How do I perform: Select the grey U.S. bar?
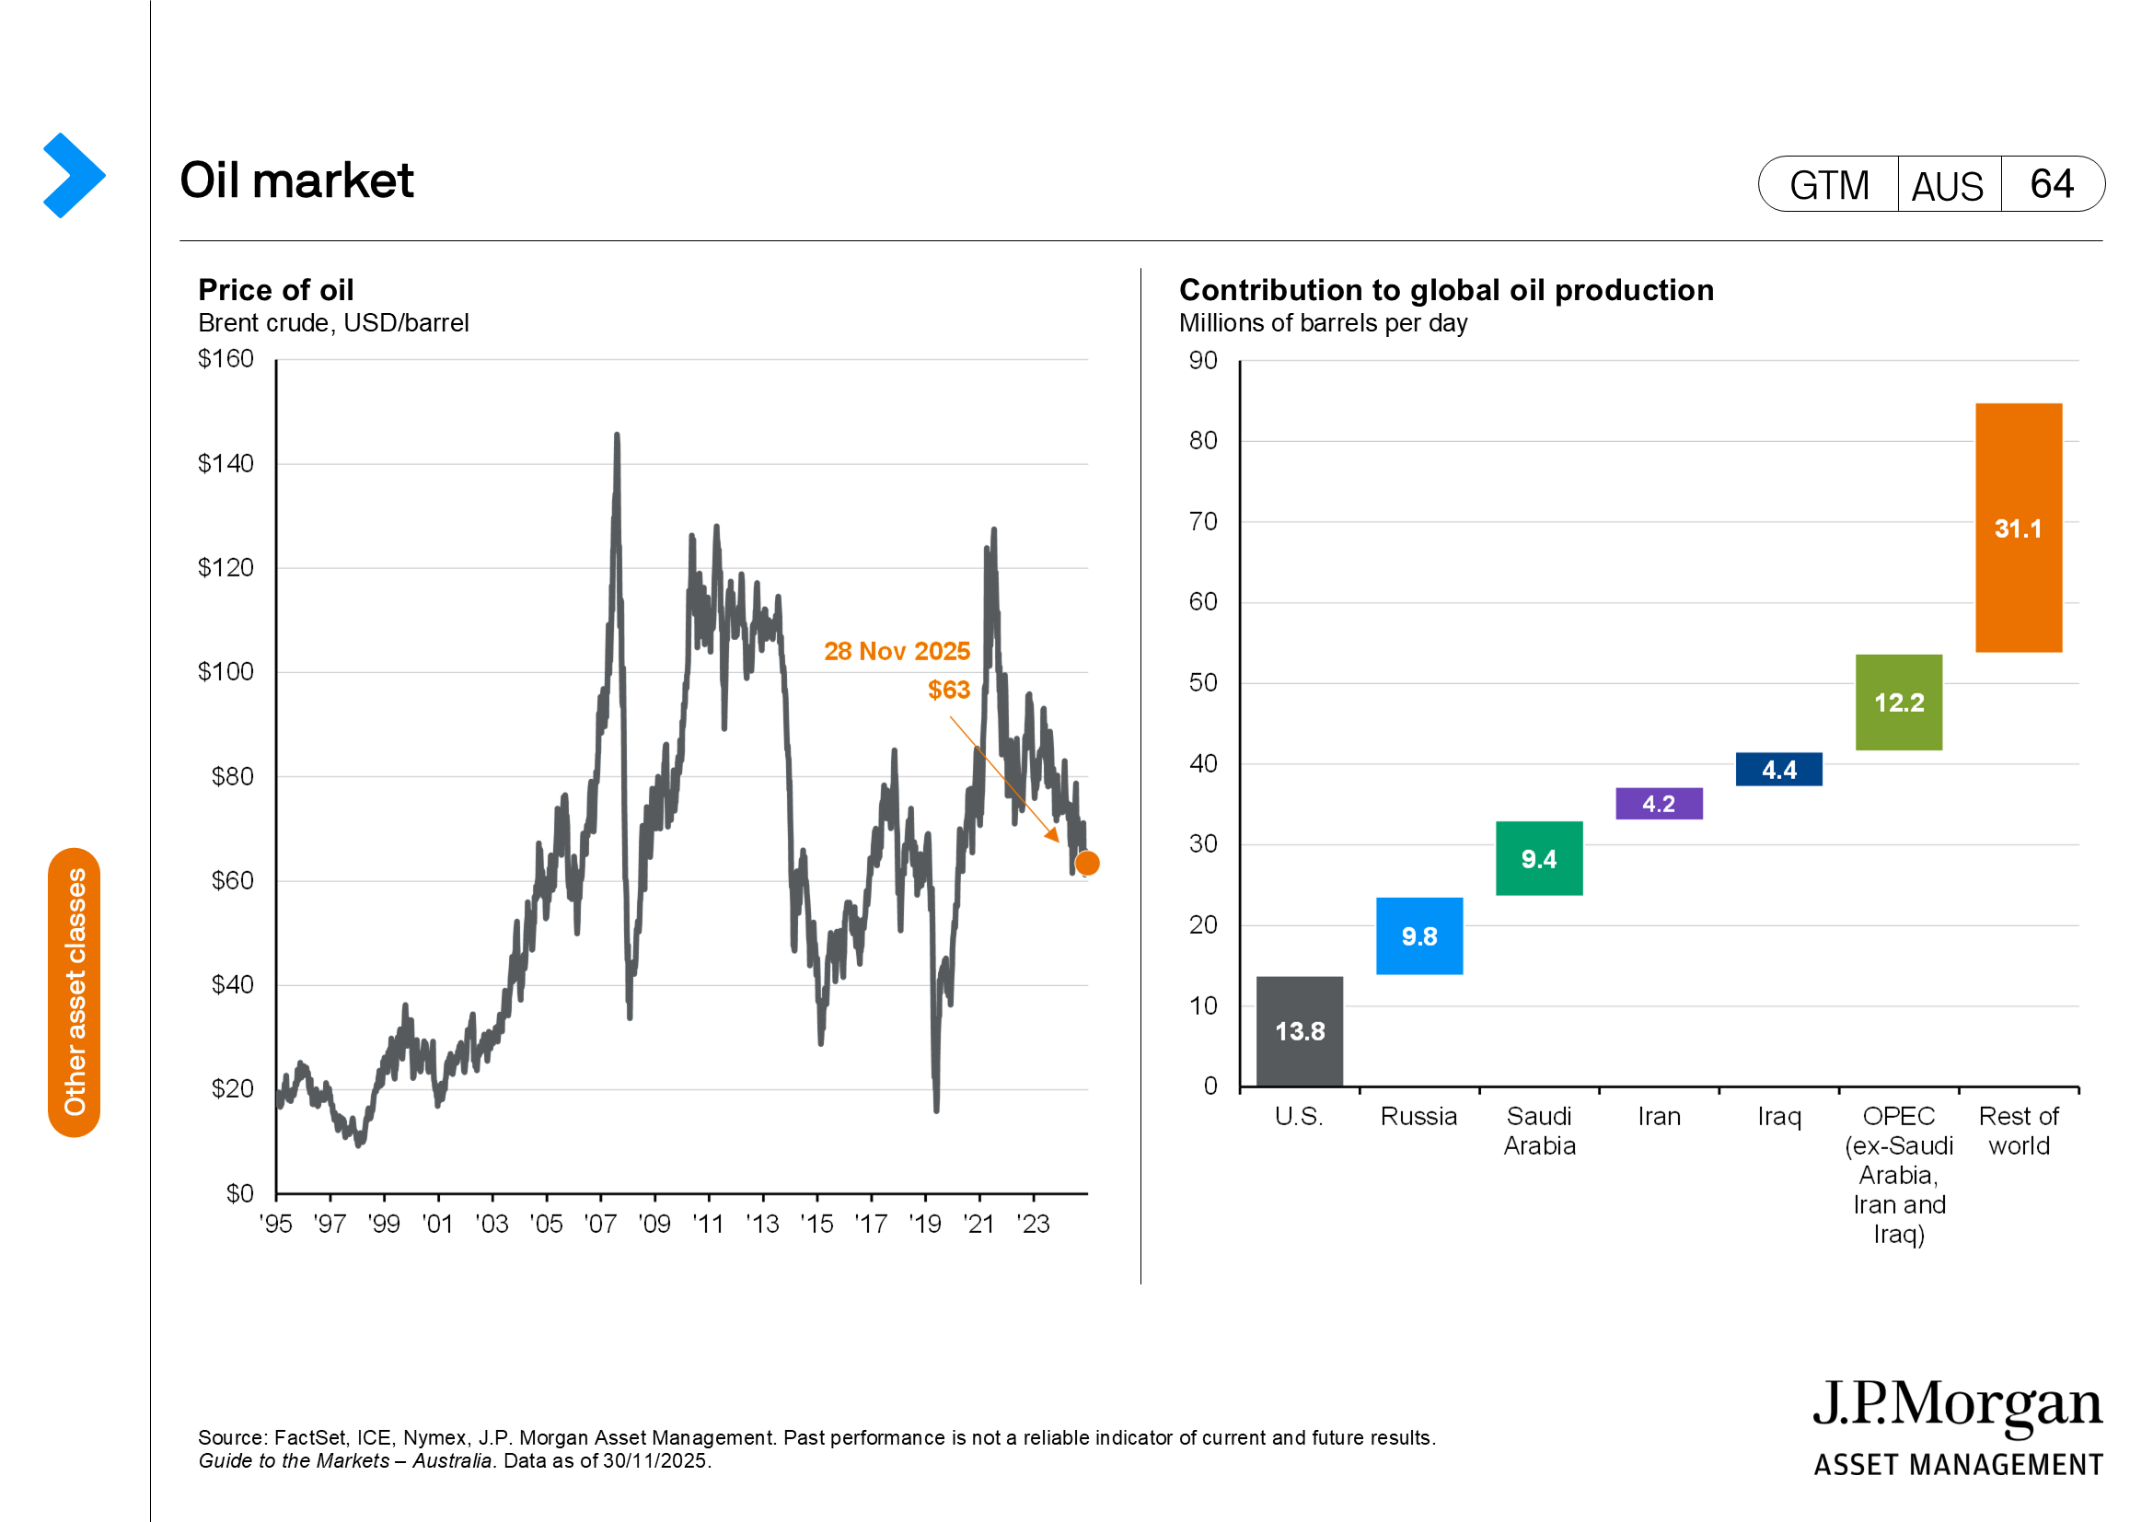point(1299,1030)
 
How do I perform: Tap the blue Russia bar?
point(1418,935)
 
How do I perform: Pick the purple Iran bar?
point(1658,804)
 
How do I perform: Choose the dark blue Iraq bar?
point(1778,769)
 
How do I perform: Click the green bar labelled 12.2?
point(1898,703)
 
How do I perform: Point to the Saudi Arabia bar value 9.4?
point(1539,859)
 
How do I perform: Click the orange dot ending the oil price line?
point(1087,863)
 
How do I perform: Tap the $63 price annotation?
point(948,691)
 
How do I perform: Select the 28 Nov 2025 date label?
point(897,651)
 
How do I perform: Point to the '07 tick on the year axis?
point(600,1224)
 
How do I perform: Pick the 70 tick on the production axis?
point(1203,521)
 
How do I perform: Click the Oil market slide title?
point(296,180)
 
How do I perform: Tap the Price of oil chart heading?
point(276,290)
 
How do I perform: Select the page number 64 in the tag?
point(2052,184)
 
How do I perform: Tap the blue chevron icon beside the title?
point(73,175)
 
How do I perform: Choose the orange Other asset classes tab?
point(74,993)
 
